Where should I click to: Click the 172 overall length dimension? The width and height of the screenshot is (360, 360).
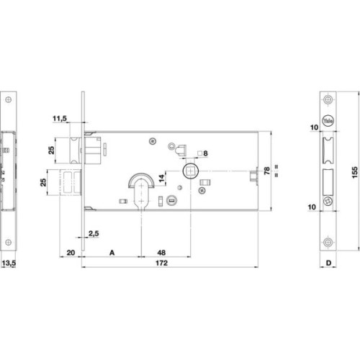pos(161,263)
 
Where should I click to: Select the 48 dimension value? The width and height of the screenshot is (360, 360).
pos(161,253)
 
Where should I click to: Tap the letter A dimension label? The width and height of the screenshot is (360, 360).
pos(112,253)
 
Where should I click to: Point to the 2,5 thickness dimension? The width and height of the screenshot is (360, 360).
pos(94,233)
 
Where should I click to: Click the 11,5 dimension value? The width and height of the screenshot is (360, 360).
pos(60,118)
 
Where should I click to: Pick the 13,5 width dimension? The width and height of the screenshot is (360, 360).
pos(9,263)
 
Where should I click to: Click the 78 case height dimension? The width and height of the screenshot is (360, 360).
pos(266,171)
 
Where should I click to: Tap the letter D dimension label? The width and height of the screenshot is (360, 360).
pos(328,263)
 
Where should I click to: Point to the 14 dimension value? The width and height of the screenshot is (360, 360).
pos(162,178)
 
